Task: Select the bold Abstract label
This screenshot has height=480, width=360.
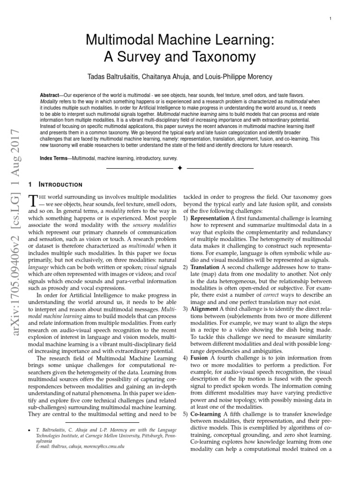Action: [50, 95]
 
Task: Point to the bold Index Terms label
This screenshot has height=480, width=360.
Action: [56, 159]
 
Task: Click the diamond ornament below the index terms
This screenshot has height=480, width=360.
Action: [180, 168]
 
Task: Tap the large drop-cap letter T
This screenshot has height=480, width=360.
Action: [33, 201]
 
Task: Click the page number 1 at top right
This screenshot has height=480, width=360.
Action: [331, 19]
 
